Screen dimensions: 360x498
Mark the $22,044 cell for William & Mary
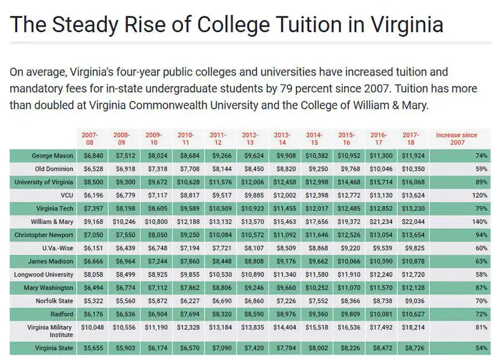(415, 222)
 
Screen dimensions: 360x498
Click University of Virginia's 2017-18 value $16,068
(415, 182)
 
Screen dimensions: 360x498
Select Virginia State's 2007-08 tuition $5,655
(92, 349)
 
